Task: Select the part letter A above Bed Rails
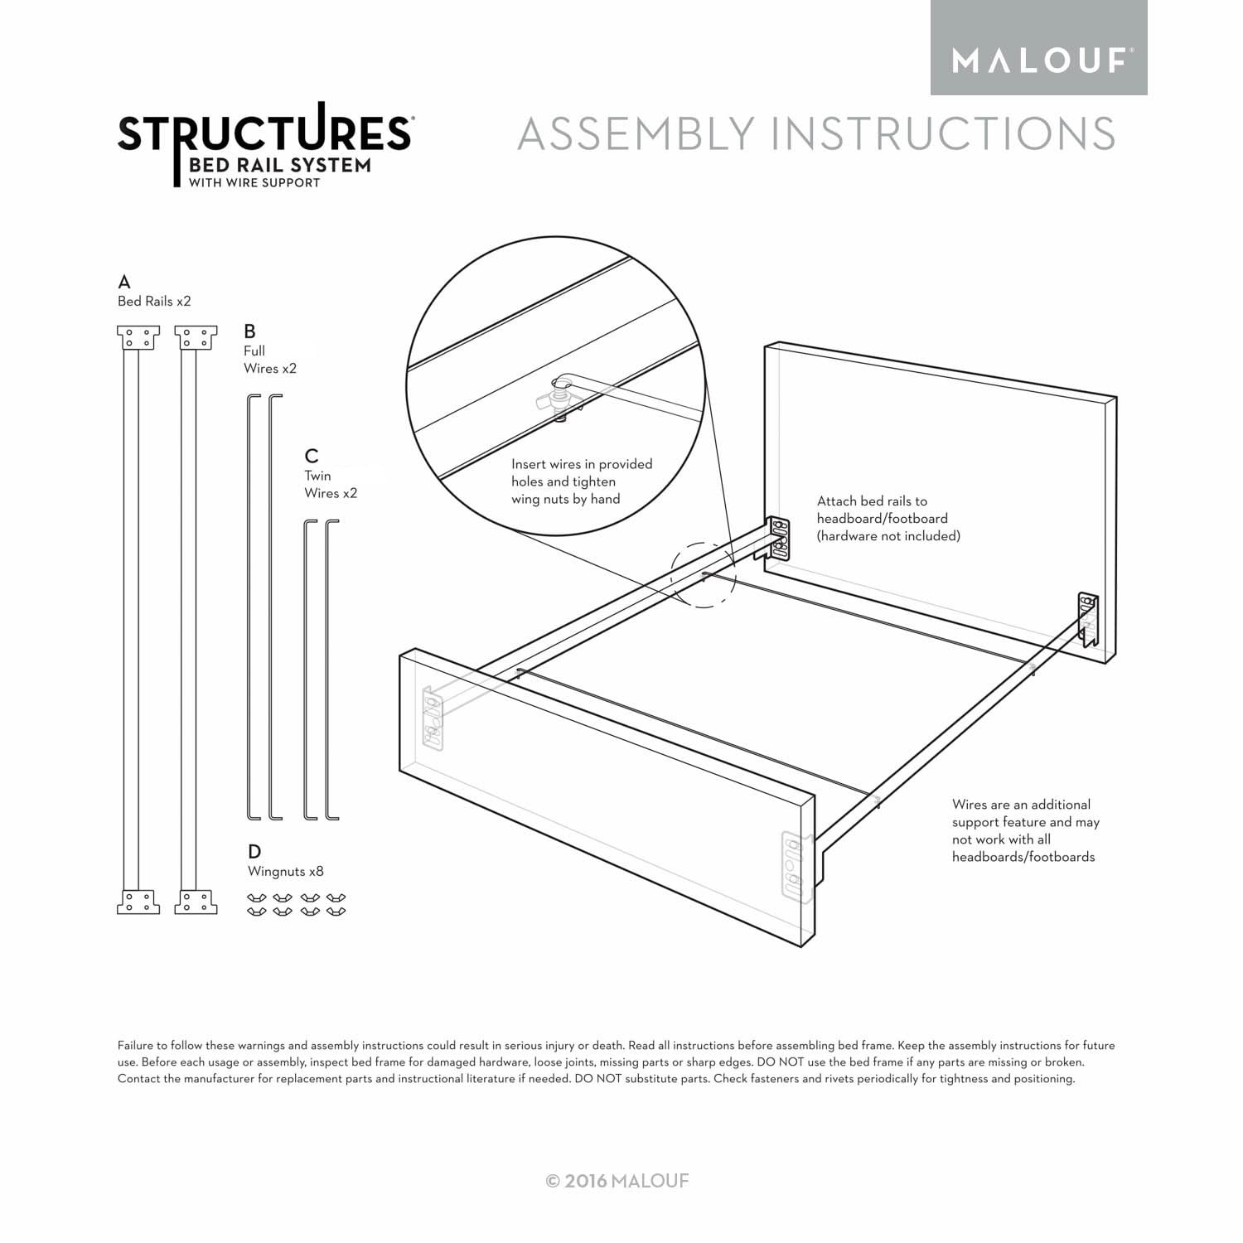[x=124, y=282]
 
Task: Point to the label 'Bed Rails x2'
[x=154, y=301]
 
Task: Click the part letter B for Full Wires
[x=249, y=331]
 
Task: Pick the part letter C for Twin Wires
[x=312, y=456]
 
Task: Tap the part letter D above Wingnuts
[x=254, y=851]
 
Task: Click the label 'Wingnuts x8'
[x=286, y=872]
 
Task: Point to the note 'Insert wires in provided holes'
[x=582, y=481]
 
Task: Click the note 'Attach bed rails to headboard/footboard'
[x=888, y=519]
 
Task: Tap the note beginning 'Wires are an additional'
[x=1026, y=830]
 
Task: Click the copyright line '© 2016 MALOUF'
[x=617, y=1181]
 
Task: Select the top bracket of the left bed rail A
[x=138, y=338]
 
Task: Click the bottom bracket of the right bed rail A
[x=196, y=902]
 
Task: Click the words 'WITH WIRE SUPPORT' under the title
[x=254, y=183]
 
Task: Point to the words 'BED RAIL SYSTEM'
[x=280, y=165]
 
